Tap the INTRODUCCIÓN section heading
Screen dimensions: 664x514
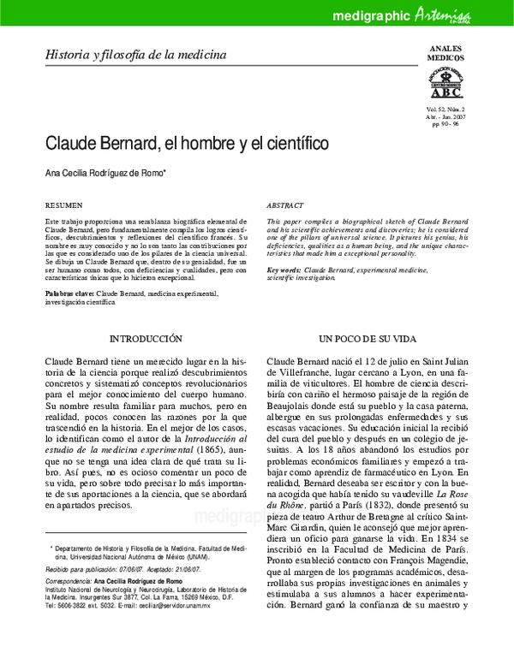[x=146, y=339]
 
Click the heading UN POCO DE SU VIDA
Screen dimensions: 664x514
[x=368, y=339]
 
